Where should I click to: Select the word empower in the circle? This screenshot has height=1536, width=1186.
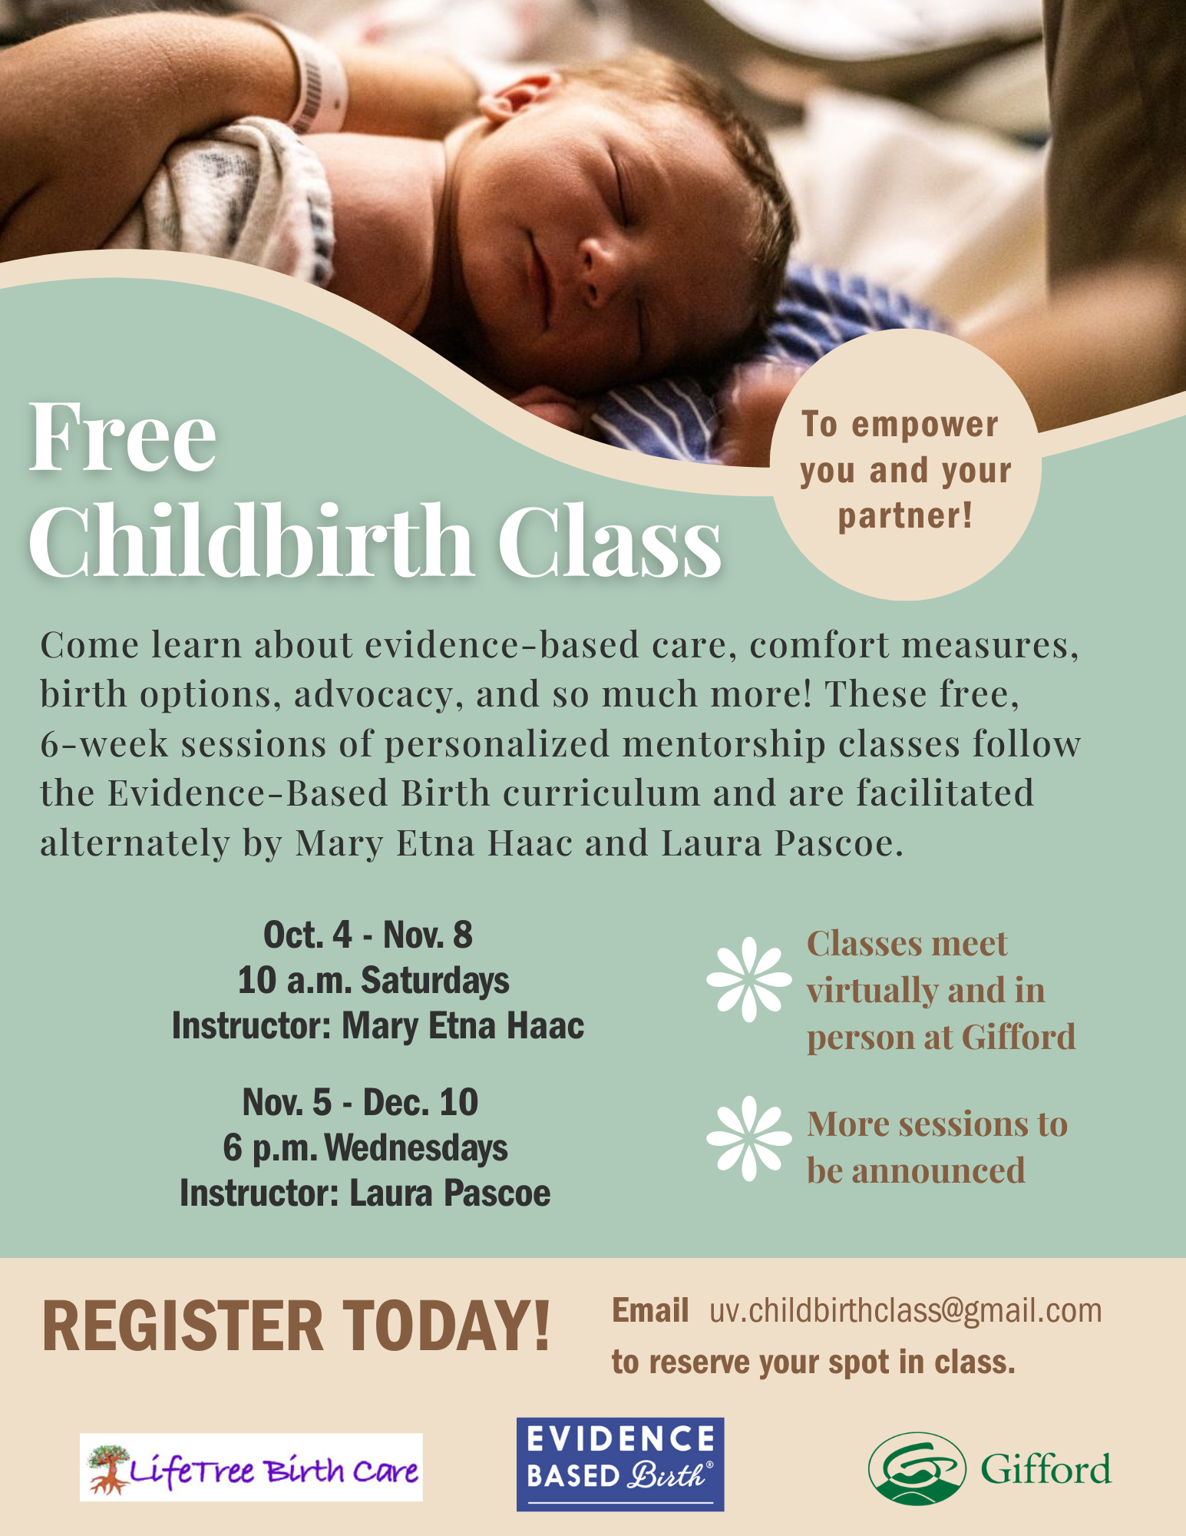(925, 425)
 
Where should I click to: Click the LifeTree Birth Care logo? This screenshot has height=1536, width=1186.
(251, 1467)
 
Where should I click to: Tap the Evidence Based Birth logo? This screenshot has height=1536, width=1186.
(620, 1464)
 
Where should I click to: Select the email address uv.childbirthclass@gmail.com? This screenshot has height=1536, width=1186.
(906, 1311)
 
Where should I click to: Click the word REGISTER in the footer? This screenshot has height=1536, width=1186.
(183, 1326)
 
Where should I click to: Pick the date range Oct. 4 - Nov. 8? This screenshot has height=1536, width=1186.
(368, 935)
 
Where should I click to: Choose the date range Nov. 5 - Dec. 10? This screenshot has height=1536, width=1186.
(360, 1102)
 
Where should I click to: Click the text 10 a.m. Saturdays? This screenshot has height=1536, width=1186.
(373, 981)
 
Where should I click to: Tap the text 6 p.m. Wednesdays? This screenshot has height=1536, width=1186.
(365, 1148)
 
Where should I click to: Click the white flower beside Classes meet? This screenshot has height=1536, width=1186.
(749, 979)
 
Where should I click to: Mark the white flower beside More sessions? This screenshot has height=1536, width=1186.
(749, 1138)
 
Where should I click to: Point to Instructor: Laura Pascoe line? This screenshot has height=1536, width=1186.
(365, 1193)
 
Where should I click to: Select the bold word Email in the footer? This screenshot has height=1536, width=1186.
(650, 1310)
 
